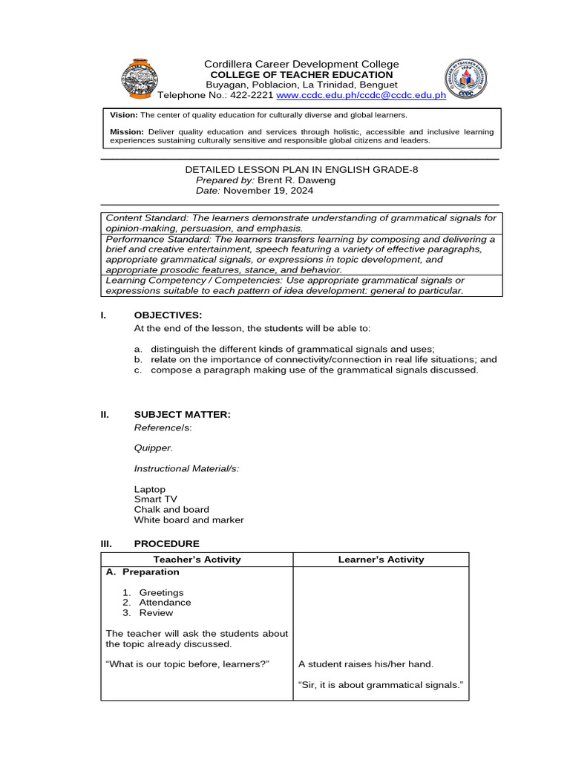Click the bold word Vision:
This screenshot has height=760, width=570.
coord(124,116)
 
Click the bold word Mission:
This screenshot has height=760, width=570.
coord(126,131)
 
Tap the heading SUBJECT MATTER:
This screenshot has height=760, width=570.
coord(182,414)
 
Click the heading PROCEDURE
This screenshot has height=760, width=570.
coord(166,544)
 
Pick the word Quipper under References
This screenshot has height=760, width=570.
coord(153,448)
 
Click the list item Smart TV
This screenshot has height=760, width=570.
coord(156,499)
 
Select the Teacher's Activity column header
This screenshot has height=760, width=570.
coord(197,560)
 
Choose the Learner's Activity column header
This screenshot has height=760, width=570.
coord(381,560)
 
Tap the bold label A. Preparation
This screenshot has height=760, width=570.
coord(142,572)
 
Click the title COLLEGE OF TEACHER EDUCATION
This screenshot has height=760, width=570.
coord(301,75)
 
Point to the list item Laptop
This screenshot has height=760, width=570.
coord(150,490)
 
